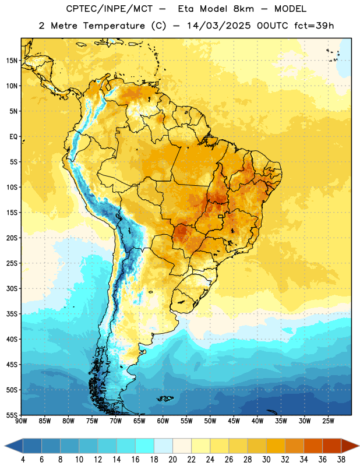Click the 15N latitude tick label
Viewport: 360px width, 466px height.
(x=12, y=61)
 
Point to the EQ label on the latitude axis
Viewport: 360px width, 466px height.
(x=13, y=137)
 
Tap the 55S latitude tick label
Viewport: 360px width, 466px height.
(x=12, y=415)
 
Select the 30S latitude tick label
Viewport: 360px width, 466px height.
(x=12, y=288)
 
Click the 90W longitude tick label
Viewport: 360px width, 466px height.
(x=21, y=421)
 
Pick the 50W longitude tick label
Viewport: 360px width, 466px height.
(x=210, y=421)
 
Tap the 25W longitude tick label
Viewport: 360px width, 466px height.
(x=328, y=421)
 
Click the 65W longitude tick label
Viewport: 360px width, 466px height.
(x=139, y=421)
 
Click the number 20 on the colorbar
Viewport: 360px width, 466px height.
(x=172, y=460)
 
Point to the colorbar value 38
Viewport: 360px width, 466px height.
(x=341, y=460)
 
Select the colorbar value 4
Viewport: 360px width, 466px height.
(x=23, y=460)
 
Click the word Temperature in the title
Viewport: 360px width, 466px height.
(x=114, y=26)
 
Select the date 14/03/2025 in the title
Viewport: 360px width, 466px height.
(x=219, y=26)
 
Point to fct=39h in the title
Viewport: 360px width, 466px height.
(x=314, y=26)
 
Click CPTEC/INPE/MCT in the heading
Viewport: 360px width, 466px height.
(x=109, y=9)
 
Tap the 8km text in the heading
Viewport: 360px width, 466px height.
(x=243, y=9)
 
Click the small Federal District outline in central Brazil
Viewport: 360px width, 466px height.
(x=221, y=216)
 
